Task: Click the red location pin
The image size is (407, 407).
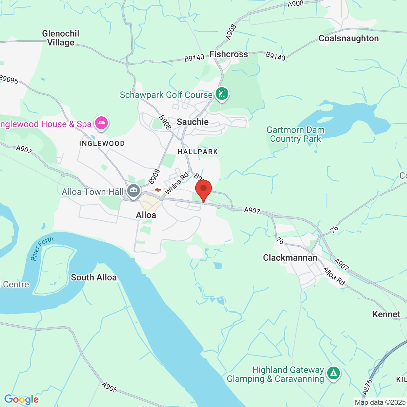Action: pyautogui.click(x=203, y=189)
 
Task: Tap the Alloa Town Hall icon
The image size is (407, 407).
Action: pyautogui.click(x=134, y=191)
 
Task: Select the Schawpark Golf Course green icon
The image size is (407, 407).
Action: pyautogui.click(x=222, y=94)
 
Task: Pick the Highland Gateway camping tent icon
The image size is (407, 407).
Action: pyautogui.click(x=333, y=373)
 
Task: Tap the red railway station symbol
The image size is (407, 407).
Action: pyautogui.click(x=158, y=190)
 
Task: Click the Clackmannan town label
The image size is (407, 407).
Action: pyautogui.click(x=290, y=258)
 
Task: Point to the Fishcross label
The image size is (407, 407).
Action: pyautogui.click(x=228, y=54)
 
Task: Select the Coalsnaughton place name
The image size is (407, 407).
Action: pyautogui.click(x=348, y=38)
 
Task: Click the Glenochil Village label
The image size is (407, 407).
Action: pyautogui.click(x=60, y=38)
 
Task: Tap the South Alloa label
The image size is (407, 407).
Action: pyautogui.click(x=93, y=278)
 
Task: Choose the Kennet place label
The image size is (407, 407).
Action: pyautogui.click(x=386, y=314)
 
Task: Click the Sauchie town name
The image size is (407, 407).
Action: pyautogui.click(x=193, y=122)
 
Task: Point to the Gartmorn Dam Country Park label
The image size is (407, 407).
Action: pyautogui.click(x=295, y=135)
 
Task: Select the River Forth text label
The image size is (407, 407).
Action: pyautogui.click(x=42, y=249)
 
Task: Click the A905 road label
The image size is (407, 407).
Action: pyautogui.click(x=110, y=387)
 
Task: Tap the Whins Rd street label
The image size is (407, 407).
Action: pyautogui.click(x=176, y=183)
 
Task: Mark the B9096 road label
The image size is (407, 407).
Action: pyautogui.click(x=9, y=79)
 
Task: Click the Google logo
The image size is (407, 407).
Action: pyautogui.click(x=21, y=399)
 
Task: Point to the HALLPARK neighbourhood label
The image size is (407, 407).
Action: pyautogui.click(x=197, y=152)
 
